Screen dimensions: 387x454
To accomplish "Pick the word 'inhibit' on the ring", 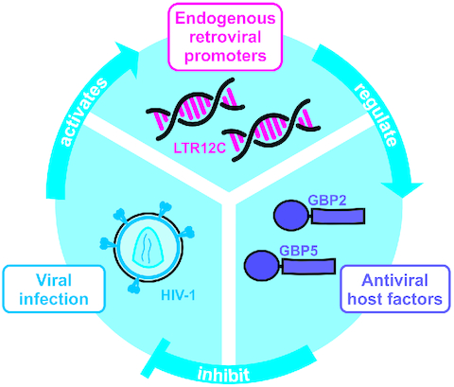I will click(226, 373).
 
